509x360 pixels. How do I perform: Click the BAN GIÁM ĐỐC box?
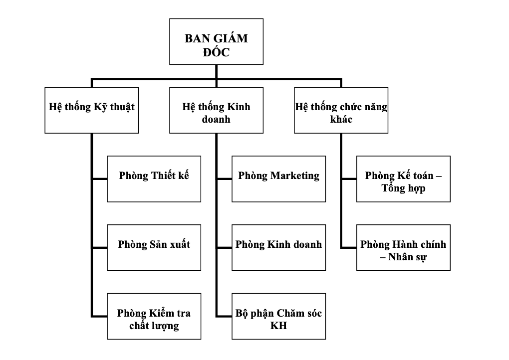[x=216, y=42]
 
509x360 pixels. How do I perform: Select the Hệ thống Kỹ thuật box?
[x=92, y=111]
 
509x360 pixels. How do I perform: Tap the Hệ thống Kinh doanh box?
[x=216, y=111]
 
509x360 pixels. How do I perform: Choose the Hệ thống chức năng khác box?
[x=341, y=111]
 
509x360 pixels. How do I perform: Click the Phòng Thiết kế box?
[x=154, y=179]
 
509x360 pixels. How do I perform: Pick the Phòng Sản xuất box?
[x=154, y=247]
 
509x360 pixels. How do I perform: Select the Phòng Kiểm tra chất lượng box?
[x=154, y=316]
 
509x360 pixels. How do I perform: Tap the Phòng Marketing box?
[x=278, y=179]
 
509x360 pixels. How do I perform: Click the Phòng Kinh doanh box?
[x=278, y=247]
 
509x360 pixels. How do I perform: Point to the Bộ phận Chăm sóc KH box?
[x=278, y=316]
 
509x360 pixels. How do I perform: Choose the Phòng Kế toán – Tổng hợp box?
[x=403, y=179]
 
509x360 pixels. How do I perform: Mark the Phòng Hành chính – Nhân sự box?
[x=403, y=247]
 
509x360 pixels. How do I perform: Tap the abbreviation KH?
[x=278, y=326]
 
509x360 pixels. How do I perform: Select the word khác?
[x=341, y=120]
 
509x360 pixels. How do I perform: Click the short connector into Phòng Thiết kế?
[x=100, y=179]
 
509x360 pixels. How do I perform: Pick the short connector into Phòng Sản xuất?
[x=100, y=248]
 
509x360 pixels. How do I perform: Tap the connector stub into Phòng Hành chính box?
[x=349, y=248]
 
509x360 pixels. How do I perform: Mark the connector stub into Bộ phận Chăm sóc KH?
[x=224, y=317]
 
